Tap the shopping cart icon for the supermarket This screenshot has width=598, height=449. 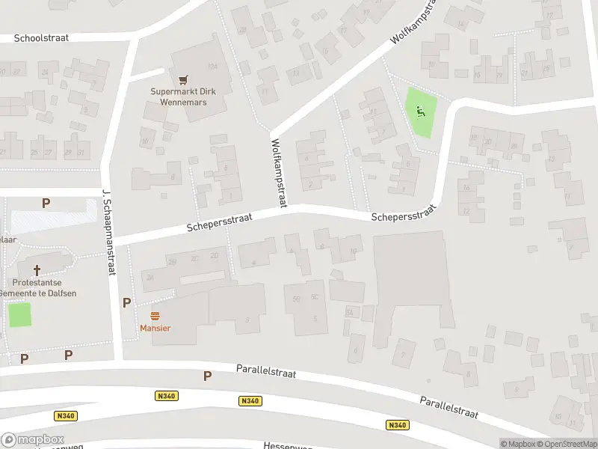point(182,79)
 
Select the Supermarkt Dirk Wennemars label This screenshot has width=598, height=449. point(182,97)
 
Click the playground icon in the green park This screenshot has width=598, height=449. point(420,112)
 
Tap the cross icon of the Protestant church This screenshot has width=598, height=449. point(36,269)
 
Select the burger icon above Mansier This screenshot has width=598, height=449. point(155,315)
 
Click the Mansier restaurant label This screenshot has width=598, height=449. point(155,328)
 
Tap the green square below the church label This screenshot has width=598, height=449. point(20,314)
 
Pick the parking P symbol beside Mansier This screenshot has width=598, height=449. point(126,303)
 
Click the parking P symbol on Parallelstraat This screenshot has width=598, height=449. point(207,376)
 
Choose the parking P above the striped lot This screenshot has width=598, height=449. point(46,203)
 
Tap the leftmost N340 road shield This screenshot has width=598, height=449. point(66,415)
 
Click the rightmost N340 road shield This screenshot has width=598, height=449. point(398,425)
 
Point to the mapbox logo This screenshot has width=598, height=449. point(33,439)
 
